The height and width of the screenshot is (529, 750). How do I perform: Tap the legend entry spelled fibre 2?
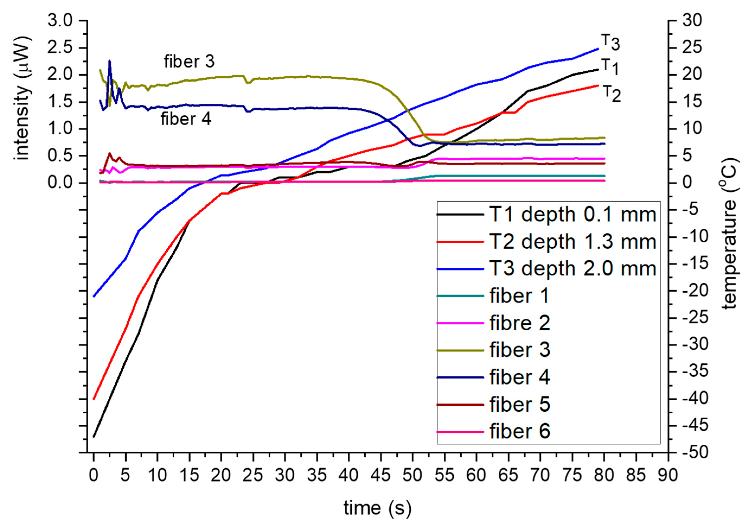pos(519,322)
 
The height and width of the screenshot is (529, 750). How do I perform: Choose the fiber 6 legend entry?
pos(519,431)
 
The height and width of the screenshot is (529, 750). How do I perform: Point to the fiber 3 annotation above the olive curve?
pos(189,62)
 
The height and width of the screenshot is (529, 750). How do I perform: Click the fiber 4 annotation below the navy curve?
pos(186,119)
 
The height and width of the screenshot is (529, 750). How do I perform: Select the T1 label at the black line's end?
pos(610,67)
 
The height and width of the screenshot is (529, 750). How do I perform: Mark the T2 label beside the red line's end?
pos(611,94)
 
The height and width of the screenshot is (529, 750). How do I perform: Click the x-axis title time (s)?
pos(377,508)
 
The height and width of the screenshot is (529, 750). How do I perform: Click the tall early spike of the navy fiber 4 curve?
pos(110,62)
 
